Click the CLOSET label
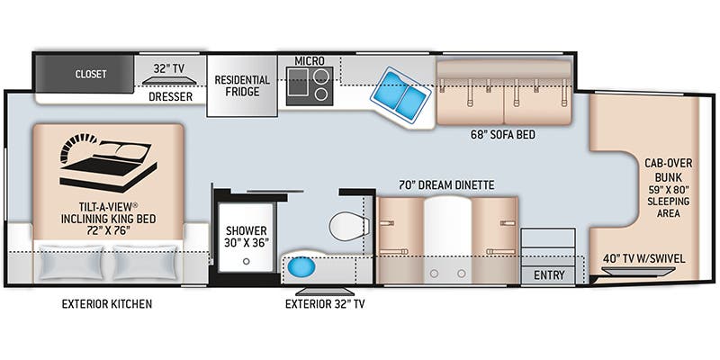(91, 74)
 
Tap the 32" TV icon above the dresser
(169, 81)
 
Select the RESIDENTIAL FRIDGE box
(242, 85)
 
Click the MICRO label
(310, 60)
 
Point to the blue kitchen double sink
(400, 94)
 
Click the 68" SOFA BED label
(503, 135)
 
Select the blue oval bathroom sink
(301, 267)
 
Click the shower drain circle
(246, 261)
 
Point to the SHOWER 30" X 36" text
(246, 236)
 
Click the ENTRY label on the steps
(549, 275)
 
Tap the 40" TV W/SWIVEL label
(643, 258)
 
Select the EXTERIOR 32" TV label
(325, 304)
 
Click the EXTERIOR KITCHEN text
(107, 304)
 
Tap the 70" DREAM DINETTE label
(446, 185)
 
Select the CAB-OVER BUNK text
(668, 170)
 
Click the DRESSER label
(170, 97)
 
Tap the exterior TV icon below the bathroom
(325, 292)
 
